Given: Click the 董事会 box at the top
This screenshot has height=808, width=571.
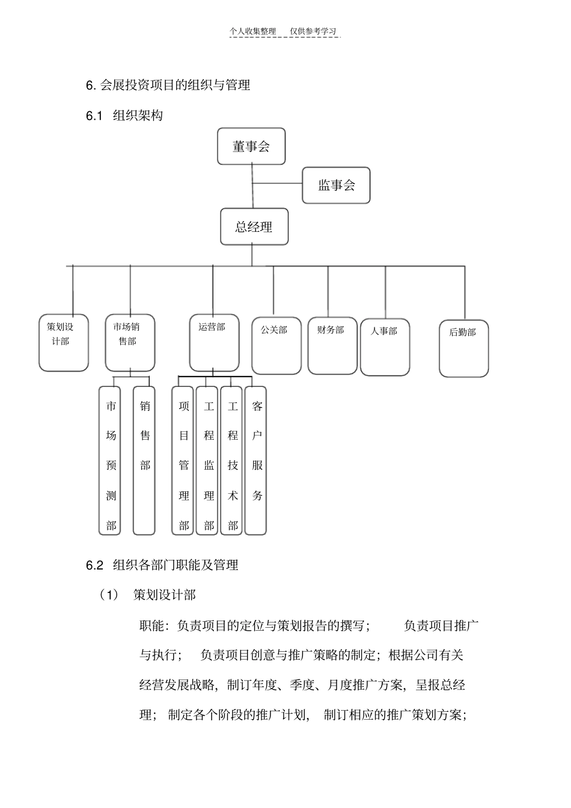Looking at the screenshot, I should pyautogui.click(x=251, y=146).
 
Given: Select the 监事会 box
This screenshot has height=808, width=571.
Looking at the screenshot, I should pyautogui.click(x=335, y=185).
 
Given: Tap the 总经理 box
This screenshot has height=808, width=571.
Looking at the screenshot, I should pyautogui.click(x=254, y=226).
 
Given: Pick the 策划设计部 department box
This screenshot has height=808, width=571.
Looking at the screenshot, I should pyautogui.click(x=63, y=342).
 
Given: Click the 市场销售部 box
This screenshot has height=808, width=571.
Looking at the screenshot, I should pyautogui.click(x=129, y=342).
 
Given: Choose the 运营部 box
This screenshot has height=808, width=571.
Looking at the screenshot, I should pyautogui.click(x=214, y=342).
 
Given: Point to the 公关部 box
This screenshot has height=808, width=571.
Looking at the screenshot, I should pyautogui.click(x=276, y=345).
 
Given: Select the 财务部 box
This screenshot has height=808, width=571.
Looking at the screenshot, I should pyautogui.click(x=332, y=345).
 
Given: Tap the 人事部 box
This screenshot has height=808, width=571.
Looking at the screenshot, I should pyautogui.click(x=385, y=347).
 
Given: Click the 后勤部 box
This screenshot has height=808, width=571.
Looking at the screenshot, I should pyautogui.click(x=463, y=348).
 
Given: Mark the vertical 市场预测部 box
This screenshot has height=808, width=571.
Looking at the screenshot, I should pyautogui.click(x=111, y=460).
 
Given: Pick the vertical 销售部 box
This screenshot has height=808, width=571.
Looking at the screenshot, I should pyautogui.click(x=144, y=460).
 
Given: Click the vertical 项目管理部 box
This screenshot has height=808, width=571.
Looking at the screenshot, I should pyautogui.click(x=183, y=460).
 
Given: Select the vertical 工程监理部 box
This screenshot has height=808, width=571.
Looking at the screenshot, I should pyautogui.click(x=208, y=460).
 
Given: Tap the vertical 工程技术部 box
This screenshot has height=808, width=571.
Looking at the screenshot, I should pyautogui.click(x=233, y=460).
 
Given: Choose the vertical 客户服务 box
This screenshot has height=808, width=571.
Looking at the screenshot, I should pyautogui.click(x=257, y=460).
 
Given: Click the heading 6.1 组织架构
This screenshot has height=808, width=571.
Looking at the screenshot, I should pyautogui.click(x=124, y=115).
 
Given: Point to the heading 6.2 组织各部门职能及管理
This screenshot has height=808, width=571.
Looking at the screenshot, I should pyautogui.click(x=162, y=565).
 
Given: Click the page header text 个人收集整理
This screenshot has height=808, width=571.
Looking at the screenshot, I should pyautogui.click(x=252, y=32).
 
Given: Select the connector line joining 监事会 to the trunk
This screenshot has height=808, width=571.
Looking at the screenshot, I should pyautogui.click(x=276, y=183).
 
